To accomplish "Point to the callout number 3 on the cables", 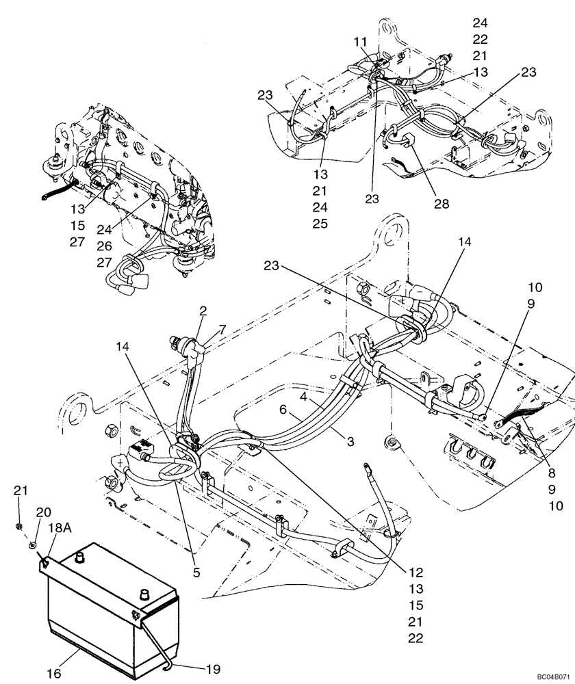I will click(x=350, y=442).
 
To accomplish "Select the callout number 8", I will click(x=551, y=472).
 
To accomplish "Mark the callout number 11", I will click(x=361, y=42).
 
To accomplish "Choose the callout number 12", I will click(x=416, y=573).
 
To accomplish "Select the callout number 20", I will click(x=43, y=512).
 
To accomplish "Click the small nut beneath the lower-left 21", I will click(x=21, y=525).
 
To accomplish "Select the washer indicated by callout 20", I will click(x=32, y=544).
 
